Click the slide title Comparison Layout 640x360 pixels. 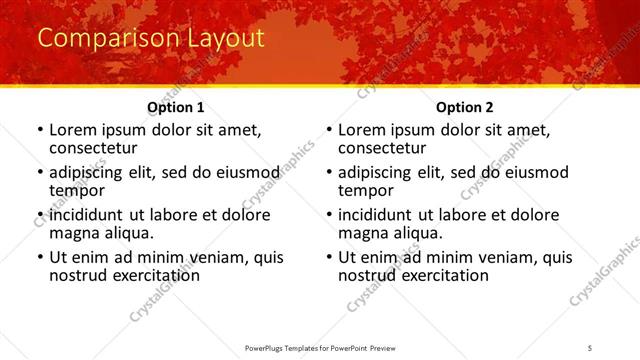(150, 39)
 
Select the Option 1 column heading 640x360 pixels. (176, 107)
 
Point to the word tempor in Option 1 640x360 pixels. (77, 190)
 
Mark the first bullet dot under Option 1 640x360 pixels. (40, 131)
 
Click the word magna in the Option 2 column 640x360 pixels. (363, 233)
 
